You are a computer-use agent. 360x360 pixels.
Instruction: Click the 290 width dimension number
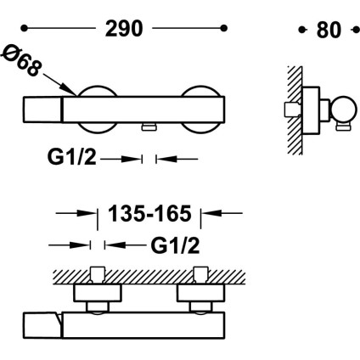pos(124,29)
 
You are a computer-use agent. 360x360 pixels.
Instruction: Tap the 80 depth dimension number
pos(329,30)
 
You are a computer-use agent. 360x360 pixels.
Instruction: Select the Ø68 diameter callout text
pos(21,61)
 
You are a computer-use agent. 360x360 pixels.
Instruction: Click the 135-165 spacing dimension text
pos(149,214)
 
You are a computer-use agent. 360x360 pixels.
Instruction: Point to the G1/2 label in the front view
pos(72,157)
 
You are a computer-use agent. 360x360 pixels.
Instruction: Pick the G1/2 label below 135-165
pos(175,245)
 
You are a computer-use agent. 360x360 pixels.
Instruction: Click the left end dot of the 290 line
pos(25,28)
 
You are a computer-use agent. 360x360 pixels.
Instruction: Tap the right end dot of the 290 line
pos(224,28)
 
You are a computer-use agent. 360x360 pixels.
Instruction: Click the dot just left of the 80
pos(302,30)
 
